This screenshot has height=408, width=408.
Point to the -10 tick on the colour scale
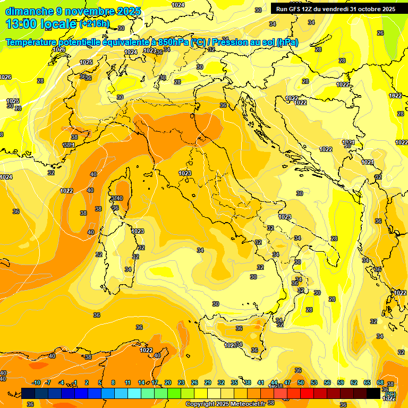click(x=36, y=382)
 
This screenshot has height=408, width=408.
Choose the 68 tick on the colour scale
click(x=380, y=382)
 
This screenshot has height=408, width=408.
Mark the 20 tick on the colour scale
click(x=168, y=382)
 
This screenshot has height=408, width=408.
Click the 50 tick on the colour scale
click(x=301, y=382)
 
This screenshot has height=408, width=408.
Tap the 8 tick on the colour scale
click(x=113, y=382)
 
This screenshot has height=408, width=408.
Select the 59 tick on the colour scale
click(x=341, y=382)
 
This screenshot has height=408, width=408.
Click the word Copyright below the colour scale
click(x=200, y=404)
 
